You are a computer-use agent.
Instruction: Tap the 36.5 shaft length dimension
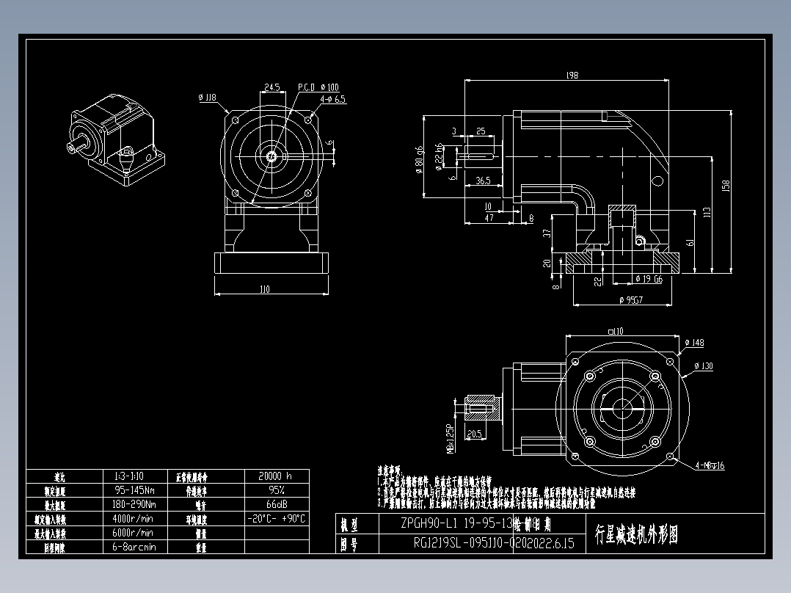coord(482,180)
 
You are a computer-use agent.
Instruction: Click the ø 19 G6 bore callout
coord(649,278)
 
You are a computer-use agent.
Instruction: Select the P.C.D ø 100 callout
coord(318,87)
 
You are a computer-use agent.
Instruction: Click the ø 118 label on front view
coord(207,97)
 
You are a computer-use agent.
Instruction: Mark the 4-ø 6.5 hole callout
coord(332,98)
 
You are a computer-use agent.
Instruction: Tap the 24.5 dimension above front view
coord(271,87)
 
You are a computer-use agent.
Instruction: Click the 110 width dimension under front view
coord(264,289)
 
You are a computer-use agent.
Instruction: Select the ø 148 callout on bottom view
coord(693,343)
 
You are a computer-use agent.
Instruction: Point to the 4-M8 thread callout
coord(710,465)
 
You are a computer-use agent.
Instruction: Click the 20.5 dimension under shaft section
coord(473,434)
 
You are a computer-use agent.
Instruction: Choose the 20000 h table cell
coord(275,476)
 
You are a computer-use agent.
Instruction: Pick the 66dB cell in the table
coord(275,504)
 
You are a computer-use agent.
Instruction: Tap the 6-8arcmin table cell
coord(134,547)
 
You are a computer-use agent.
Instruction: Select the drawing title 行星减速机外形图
coord(637,534)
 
